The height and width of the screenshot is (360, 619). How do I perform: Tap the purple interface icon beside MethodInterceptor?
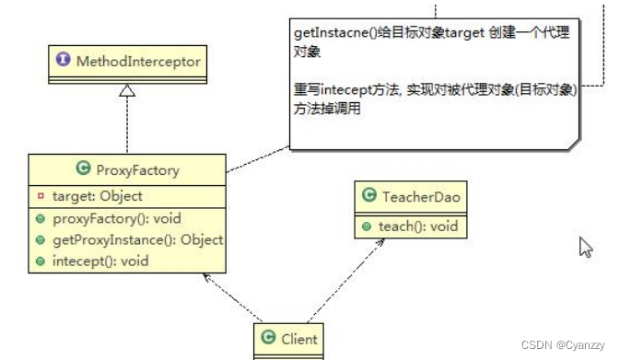coord(64,62)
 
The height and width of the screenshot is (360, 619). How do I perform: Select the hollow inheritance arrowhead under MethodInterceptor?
coord(126,90)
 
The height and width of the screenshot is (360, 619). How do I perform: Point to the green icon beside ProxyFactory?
coord(82,169)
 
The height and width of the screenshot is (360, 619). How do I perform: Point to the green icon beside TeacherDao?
coord(369,196)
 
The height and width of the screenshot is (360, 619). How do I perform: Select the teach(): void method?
coord(415,225)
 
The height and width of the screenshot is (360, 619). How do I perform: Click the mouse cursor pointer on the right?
coord(585,248)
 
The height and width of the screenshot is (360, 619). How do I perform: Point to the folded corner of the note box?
coord(573,141)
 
